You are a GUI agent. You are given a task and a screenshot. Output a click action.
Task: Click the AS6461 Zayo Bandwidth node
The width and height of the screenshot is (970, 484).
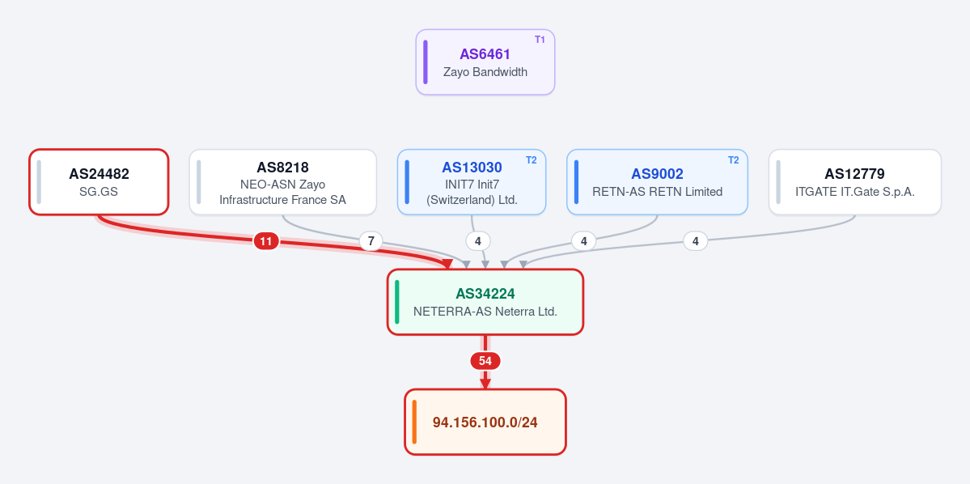[x=485, y=62]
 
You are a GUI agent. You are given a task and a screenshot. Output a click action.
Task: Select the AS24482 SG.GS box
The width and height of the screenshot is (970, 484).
[x=99, y=182]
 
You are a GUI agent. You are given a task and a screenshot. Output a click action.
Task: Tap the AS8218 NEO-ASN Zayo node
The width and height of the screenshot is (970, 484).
[x=282, y=182]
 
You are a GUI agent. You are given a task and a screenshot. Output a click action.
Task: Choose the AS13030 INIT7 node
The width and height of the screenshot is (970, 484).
[x=472, y=182]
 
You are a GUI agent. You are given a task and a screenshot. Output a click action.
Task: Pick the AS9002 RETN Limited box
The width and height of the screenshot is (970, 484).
[x=657, y=182]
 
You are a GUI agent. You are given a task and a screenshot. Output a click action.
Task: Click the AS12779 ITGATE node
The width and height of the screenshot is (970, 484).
[x=855, y=182]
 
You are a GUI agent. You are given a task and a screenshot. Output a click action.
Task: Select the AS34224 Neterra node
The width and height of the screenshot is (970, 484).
[x=485, y=302]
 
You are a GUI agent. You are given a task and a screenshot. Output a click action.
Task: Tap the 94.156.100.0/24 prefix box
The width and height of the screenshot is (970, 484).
[x=485, y=422]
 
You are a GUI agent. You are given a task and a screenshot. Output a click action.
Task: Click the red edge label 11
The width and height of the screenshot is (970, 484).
[x=266, y=241]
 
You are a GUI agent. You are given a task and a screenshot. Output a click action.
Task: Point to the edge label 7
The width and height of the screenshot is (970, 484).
[x=371, y=241]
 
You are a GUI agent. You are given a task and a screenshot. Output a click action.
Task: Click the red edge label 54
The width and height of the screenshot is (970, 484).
[x=485, y=361]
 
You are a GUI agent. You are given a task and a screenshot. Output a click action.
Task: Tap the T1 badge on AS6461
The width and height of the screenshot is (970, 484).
[x=540, y=40]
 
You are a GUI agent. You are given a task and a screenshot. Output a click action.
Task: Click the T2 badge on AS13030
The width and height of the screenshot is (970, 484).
[x=532, y=160]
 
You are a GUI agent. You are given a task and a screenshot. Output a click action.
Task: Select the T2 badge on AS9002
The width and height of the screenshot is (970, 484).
[x=733, y=160]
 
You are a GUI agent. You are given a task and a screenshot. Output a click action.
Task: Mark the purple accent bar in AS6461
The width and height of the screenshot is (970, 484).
[x=426, y=62]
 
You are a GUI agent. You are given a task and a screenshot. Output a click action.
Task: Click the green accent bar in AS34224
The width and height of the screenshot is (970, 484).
[x=397, y=302]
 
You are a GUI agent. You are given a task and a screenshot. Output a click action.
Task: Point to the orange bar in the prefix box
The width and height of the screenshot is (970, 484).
[x=414, y=422]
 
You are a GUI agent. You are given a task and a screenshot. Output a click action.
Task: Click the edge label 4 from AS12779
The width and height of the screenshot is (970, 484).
[x=695, y=241]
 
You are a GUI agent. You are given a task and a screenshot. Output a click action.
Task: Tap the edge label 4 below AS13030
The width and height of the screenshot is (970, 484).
[x=477, y=241]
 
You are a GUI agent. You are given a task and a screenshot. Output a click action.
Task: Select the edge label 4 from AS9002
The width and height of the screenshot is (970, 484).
[x=583, y=241]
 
